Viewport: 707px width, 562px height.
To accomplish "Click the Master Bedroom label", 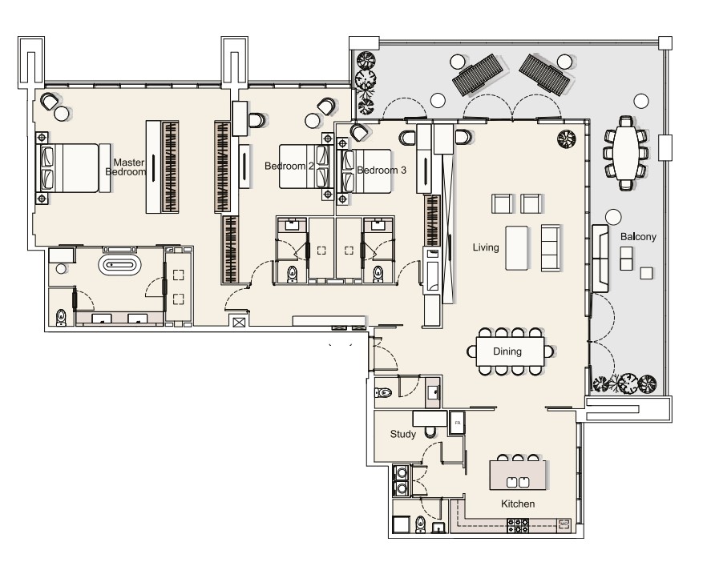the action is click(126, 167).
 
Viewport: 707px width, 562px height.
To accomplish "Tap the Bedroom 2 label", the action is click(289, 166).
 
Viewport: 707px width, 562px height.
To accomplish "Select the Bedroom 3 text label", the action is click(382, 171).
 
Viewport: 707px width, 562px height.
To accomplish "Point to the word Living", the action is click(486, 247).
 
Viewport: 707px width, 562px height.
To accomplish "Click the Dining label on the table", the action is click(507, 351).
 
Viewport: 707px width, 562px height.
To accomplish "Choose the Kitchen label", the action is click(518, 504).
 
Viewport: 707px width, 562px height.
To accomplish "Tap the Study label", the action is click(402, 434).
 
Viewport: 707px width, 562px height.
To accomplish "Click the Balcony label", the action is click(638, 237).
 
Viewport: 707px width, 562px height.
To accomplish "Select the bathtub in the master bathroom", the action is click(119, 264).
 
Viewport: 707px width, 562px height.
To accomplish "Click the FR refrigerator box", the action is click(457, 423).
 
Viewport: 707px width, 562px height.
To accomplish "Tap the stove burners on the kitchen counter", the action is click(518, 525).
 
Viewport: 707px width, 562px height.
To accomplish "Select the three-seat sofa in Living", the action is click(550, 247).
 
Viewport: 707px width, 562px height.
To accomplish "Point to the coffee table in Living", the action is click(516, 247).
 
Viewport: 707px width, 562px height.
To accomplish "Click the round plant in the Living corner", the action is click(566, 138).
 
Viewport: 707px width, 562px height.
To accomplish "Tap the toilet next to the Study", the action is click(383, 392).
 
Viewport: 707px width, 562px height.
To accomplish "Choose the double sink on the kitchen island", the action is click(518, 482).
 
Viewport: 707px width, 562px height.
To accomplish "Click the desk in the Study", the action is click(430, 419).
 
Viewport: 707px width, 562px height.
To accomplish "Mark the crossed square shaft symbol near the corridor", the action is click(238, 322).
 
